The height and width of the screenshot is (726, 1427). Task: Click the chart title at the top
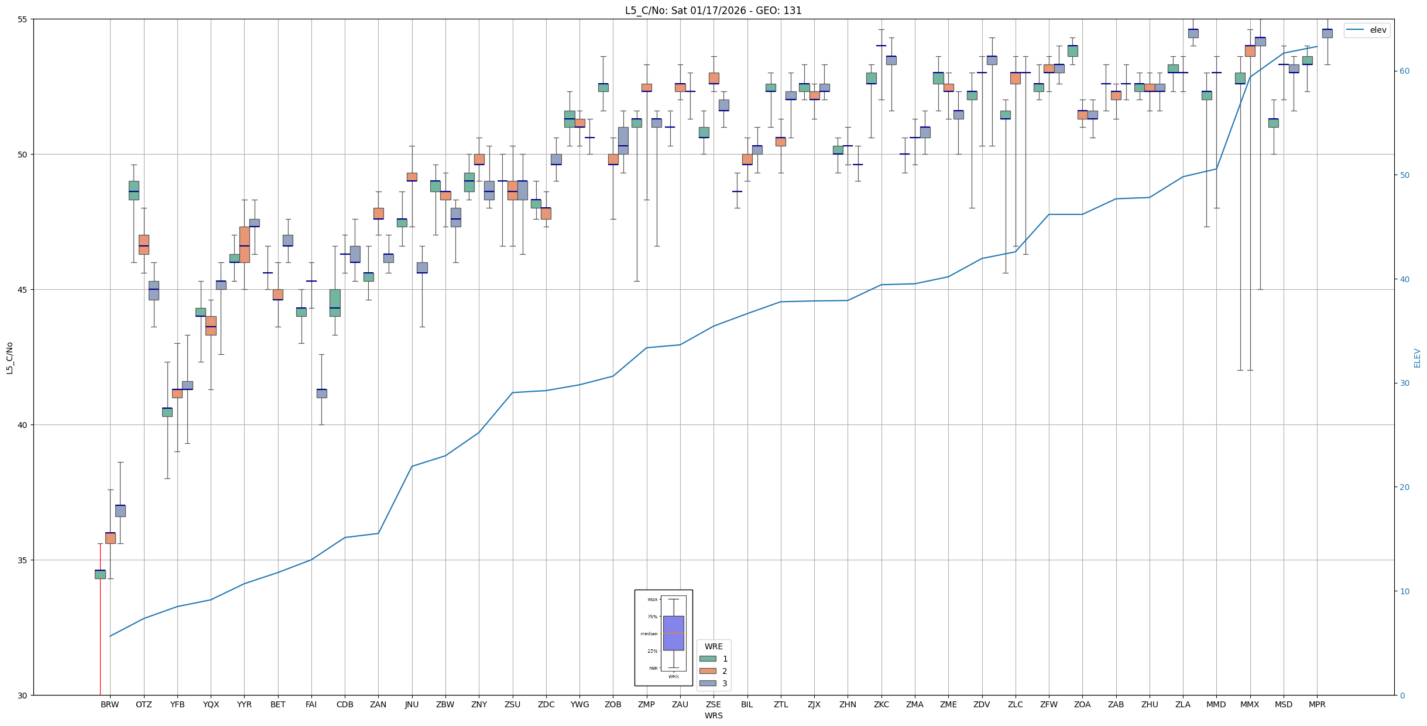[x=713, y=11]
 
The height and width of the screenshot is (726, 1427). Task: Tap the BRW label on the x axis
[x=110, y=704]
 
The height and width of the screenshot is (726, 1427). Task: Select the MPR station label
[x=1317, y=704]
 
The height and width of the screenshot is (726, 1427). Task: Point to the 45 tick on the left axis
[x=23, y=290]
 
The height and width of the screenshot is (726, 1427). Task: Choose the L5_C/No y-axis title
[x=9, y=358]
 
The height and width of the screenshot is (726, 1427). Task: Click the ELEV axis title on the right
[x=1417, y=358]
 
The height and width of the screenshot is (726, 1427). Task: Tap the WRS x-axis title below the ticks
[x=713, y=715]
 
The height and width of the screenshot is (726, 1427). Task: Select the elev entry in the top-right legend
[x=1367, y=30]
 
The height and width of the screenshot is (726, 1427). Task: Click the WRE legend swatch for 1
[x=708, y=659]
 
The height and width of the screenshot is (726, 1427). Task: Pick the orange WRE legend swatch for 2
[x=708, y=671]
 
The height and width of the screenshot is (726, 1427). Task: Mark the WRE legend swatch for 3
[x=708, y=683]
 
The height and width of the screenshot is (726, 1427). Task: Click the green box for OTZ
[x=134, y=190]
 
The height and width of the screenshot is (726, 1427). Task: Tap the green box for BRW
[x=100, y=574]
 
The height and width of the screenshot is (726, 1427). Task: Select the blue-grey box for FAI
[x=321, y=393]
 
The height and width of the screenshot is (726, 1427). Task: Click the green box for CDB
[x=335, y=303]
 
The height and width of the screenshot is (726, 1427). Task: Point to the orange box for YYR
[x=245, y=244]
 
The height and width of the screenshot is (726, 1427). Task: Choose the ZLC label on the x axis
[x=1016, y=704]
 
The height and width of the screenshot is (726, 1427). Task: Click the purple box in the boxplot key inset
[x=673, y=633]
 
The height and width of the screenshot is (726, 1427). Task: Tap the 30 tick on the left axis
[x=23, y=696]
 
